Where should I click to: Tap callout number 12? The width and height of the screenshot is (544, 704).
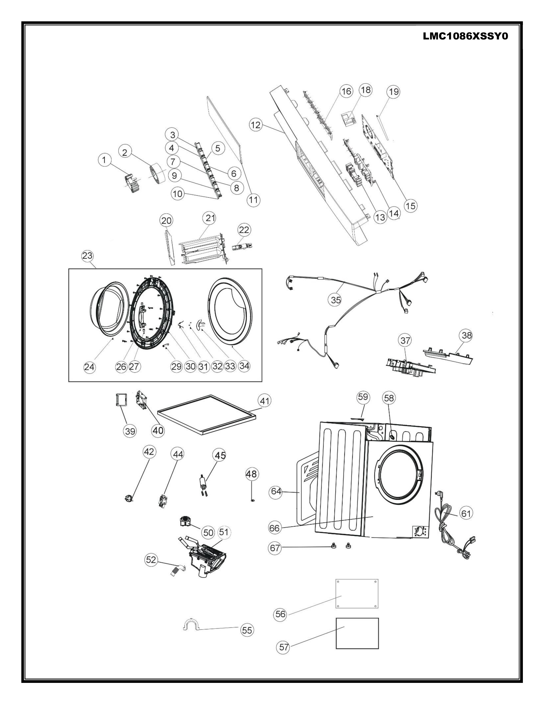pos(256,125)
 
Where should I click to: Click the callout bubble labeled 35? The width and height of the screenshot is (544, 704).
pos(336,300)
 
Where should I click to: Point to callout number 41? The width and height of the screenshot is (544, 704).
pos(264,401)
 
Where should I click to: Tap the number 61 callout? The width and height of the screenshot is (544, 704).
pos(466,513)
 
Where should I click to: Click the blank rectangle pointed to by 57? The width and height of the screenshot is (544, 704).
pos(357,633)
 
